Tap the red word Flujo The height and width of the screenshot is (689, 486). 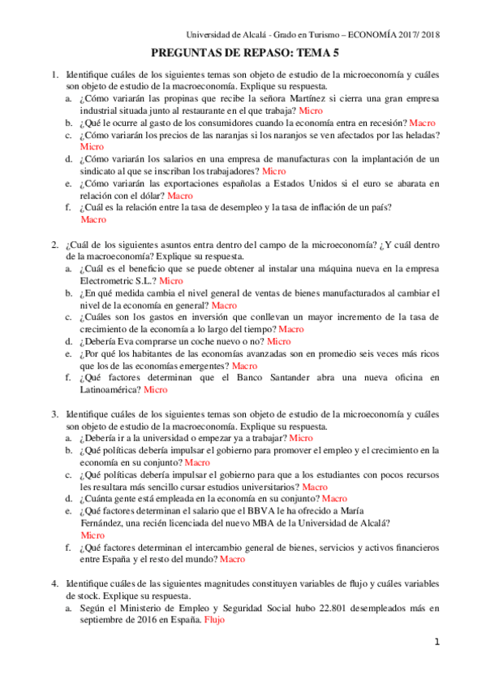click(x=215, y=619)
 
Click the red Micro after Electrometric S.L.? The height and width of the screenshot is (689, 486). click(x=171, y=281)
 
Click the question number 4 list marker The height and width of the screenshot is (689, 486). click(x=54, y=583)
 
